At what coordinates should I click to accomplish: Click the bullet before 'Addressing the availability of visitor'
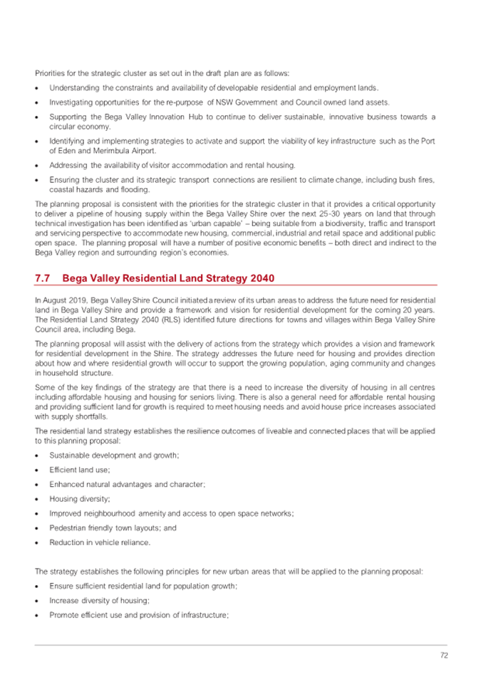(38, 165)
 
